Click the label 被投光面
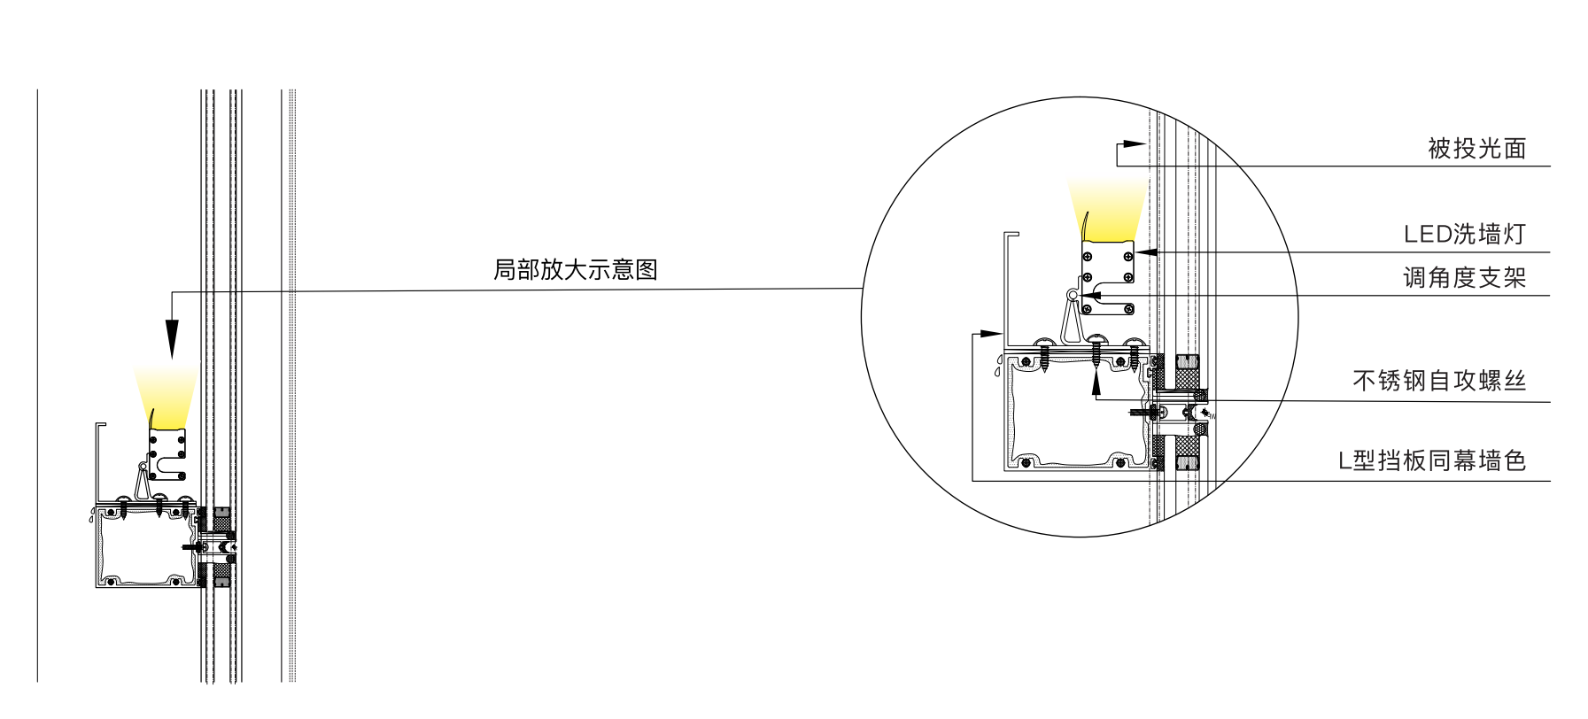coord(1476,149)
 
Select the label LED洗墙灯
coord(1465,235)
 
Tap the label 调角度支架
coord(1465,278)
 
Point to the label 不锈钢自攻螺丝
coord(1440,381)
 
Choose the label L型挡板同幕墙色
coord(1432,460)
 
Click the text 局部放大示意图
coord(576,270)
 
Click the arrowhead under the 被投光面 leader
coord(1135,143)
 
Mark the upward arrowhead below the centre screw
coord(1096,382)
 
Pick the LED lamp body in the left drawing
coord(167,454)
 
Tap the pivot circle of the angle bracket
coord(1073,295)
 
